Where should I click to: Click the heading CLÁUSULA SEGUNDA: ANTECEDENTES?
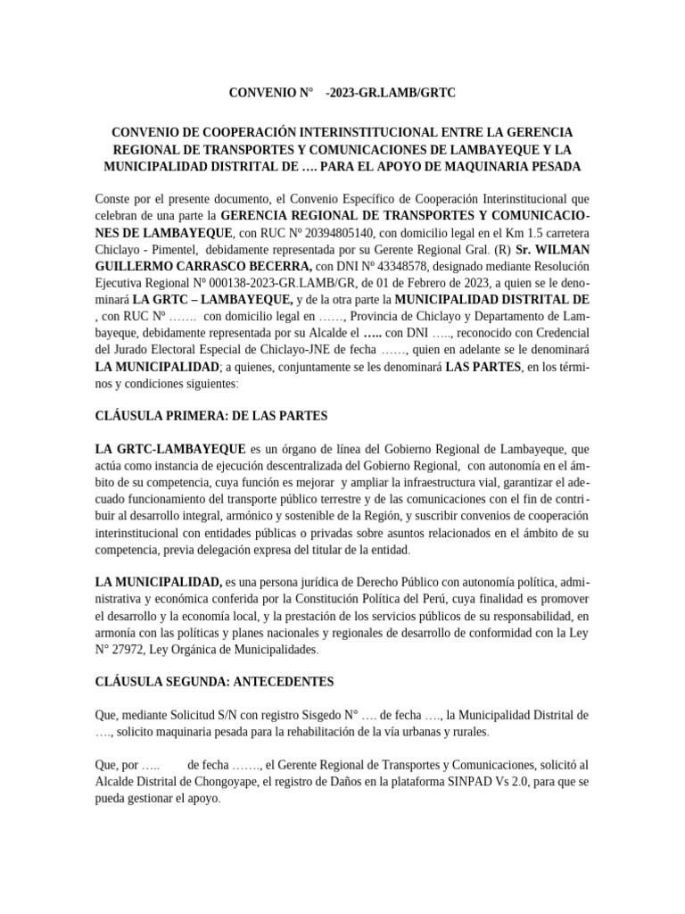[214, 682]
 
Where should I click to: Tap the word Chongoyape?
[235, 782]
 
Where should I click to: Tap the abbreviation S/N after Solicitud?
[211, 715]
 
